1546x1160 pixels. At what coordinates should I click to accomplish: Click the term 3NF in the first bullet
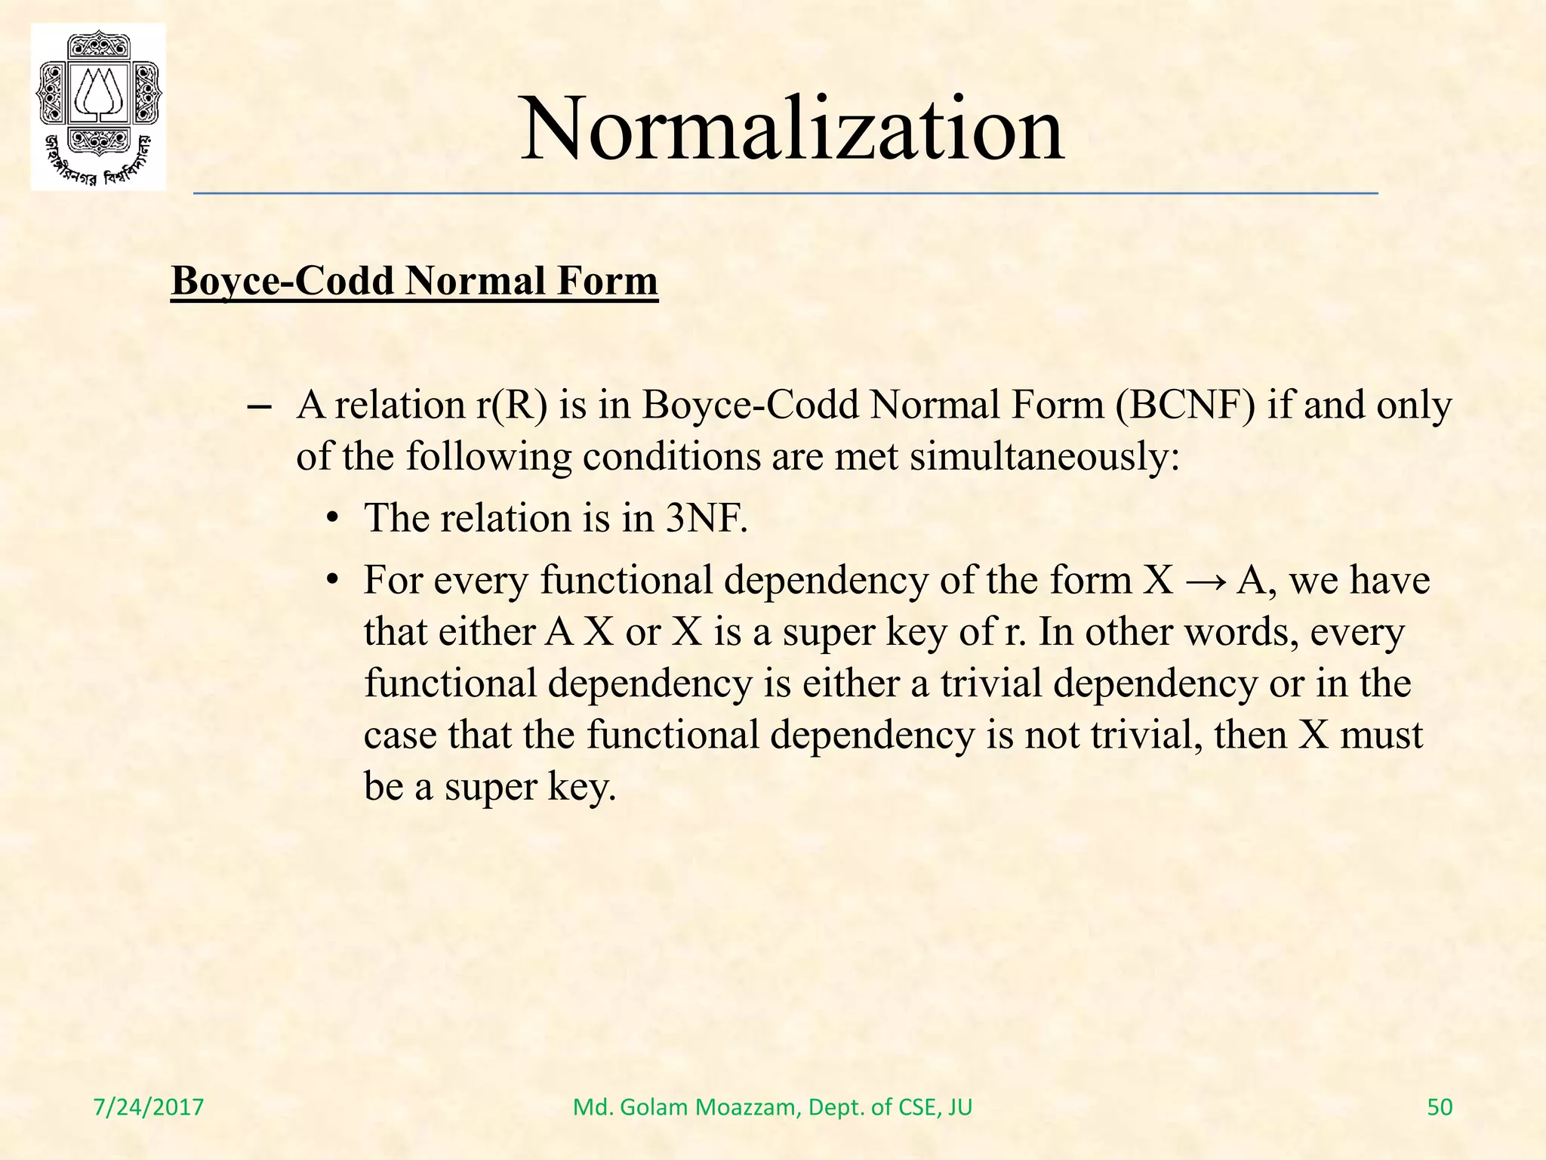706,518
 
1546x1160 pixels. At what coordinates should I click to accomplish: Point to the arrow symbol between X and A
1205,582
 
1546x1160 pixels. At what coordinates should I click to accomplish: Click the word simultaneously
1044,456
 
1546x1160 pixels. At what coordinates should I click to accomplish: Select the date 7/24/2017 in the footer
149,1107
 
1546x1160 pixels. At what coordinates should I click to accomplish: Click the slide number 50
1440,1107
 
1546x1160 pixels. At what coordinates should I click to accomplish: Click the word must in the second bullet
1381,734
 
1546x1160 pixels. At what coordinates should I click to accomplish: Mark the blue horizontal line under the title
785,194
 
